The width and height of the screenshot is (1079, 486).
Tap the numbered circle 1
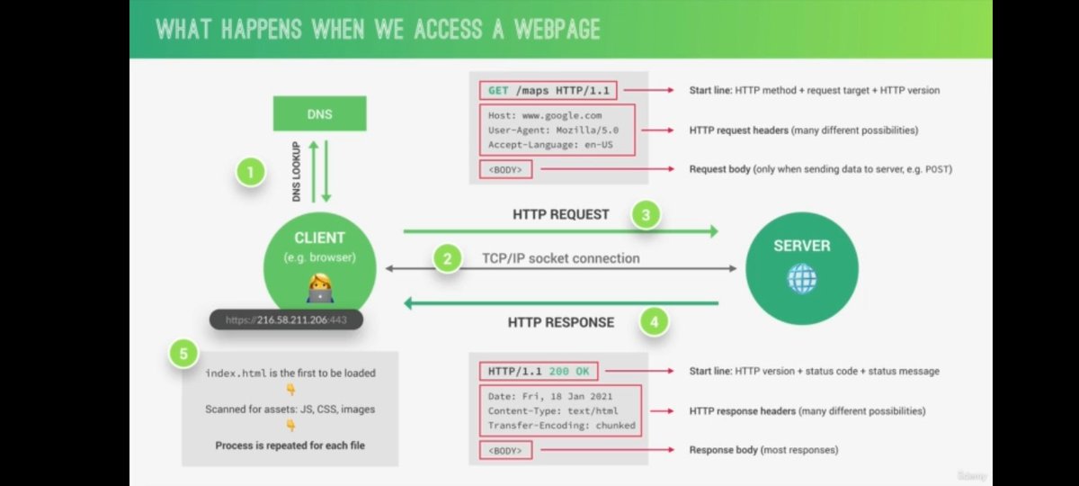coord(251,171)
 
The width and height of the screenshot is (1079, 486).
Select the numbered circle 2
coord(447,259)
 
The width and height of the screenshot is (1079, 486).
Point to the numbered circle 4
coord(654,321)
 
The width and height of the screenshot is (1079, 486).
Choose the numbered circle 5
coord(184,354)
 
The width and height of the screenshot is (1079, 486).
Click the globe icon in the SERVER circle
coord(801,279)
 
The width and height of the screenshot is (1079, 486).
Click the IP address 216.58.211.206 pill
coord(287,319)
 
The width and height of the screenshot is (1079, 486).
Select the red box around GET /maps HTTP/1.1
coord(548,91)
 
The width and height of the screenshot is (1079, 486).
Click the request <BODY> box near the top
coord(506,168)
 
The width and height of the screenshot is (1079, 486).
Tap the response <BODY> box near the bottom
coord(506,449)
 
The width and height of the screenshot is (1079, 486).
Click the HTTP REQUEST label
coord(560,215)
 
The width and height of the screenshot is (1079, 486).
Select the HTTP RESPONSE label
coord(561,321)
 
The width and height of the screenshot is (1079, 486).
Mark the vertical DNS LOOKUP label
coord(296,171)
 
